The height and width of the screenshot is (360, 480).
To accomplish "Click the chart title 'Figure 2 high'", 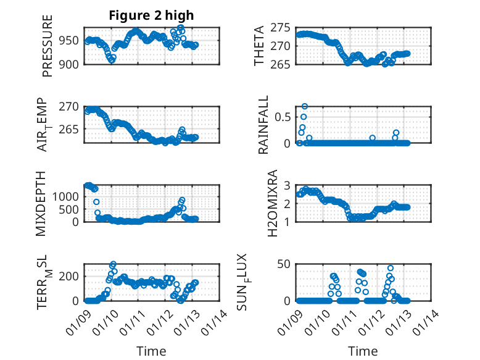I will coord(151,15).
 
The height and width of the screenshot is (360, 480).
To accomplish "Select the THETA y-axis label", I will coord(260,46).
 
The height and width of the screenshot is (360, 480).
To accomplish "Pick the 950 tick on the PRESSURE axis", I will coord(72,41).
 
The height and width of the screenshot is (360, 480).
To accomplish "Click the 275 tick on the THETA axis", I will coord(281,28).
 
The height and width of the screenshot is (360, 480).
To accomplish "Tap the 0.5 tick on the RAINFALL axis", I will coord(283,115).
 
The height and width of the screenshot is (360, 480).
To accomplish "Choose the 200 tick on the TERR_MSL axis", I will coord(72,275).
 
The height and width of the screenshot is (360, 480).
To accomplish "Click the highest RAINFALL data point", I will coord(304,106).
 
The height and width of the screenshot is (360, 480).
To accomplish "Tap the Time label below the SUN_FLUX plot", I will coord(363,351).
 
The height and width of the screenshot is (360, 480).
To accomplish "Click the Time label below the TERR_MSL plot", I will coord(151,351).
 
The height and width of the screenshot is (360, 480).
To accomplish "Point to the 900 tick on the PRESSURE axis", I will coord(72,64).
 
